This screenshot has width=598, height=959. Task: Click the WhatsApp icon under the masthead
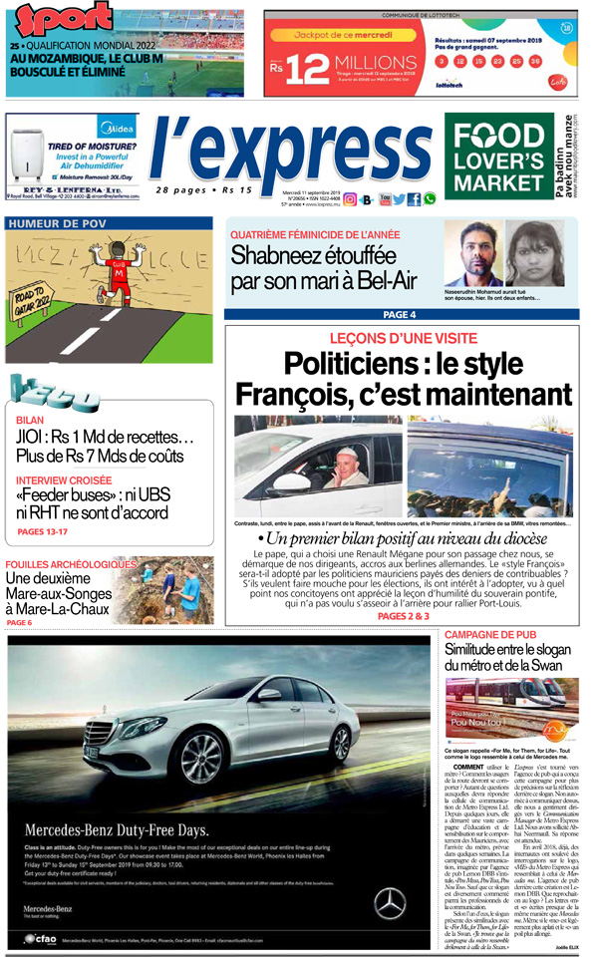430,199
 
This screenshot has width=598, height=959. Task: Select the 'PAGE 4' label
400,315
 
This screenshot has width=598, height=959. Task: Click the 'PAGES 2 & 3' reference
403,616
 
